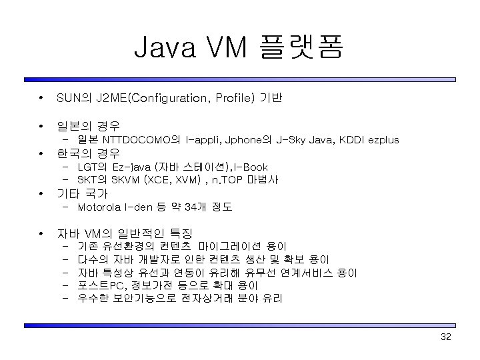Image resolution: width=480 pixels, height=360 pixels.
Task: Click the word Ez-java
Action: coord(131,167)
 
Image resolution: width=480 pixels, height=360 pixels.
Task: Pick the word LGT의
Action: coord(93,167)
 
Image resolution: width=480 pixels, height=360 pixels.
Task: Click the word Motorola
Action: coord(99,207)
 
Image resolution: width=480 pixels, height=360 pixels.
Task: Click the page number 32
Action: coord(446,337)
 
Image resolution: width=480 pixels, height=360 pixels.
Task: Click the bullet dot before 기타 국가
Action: coord(41,194)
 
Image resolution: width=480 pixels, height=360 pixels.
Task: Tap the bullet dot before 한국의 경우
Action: coord(41,153)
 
